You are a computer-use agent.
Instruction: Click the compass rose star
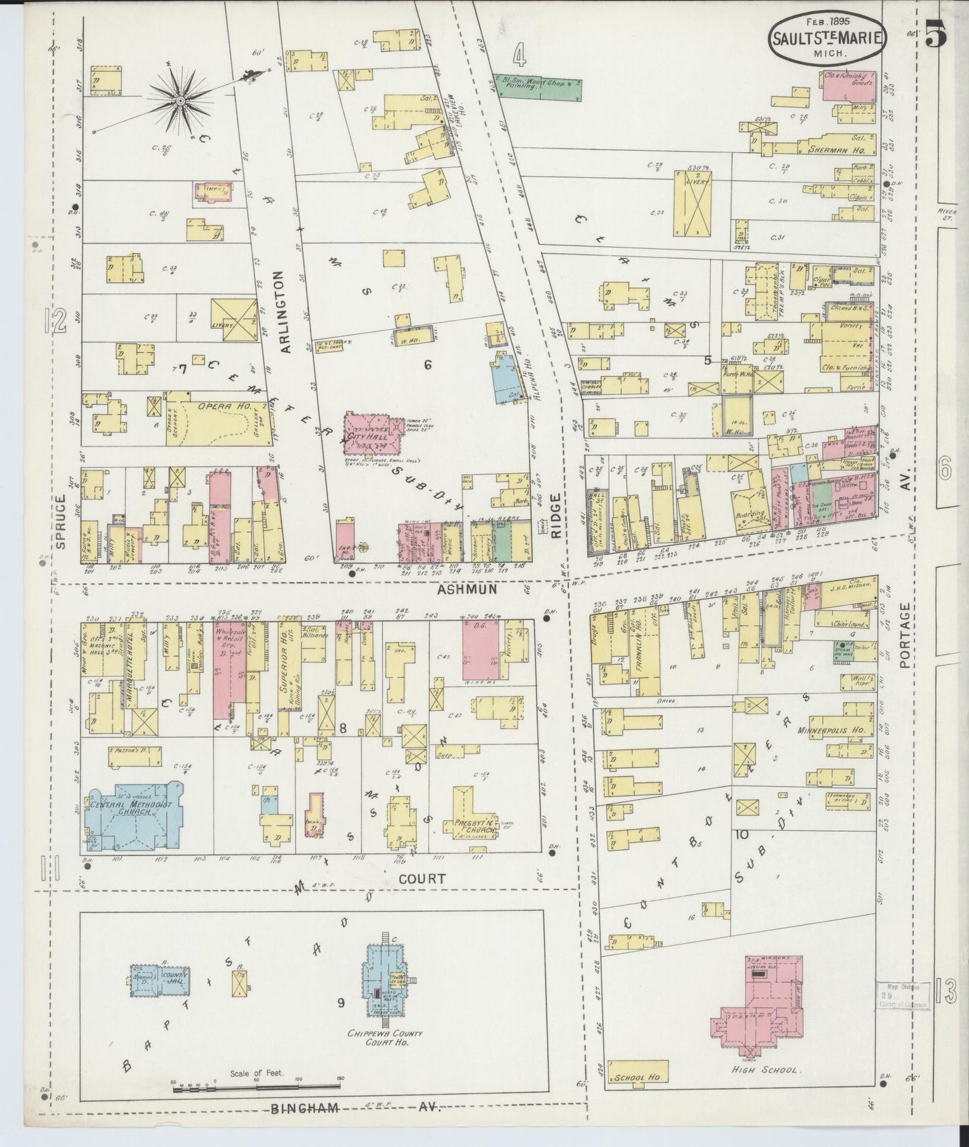click(180, 101)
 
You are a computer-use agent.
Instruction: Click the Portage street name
click(906, 635)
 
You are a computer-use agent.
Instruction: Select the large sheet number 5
click(935, 34)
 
